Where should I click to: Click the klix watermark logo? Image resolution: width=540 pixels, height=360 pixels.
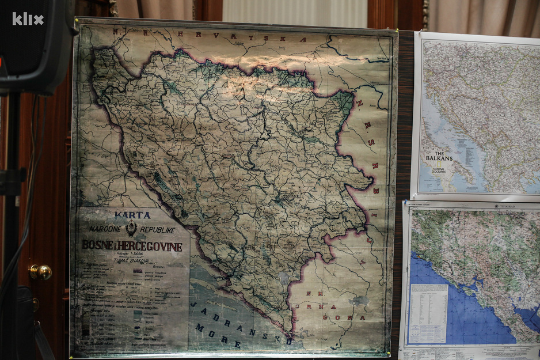point(28,19)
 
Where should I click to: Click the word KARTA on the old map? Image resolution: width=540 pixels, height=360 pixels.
point(132,215)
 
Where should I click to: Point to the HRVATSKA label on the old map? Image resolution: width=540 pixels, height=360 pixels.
point(242,36)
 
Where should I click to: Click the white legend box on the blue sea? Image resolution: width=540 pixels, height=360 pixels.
point(427,313)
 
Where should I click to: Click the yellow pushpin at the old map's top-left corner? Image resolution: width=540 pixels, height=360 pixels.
point(77,20)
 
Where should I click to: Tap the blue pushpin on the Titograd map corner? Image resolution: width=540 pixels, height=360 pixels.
point(408,203)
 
